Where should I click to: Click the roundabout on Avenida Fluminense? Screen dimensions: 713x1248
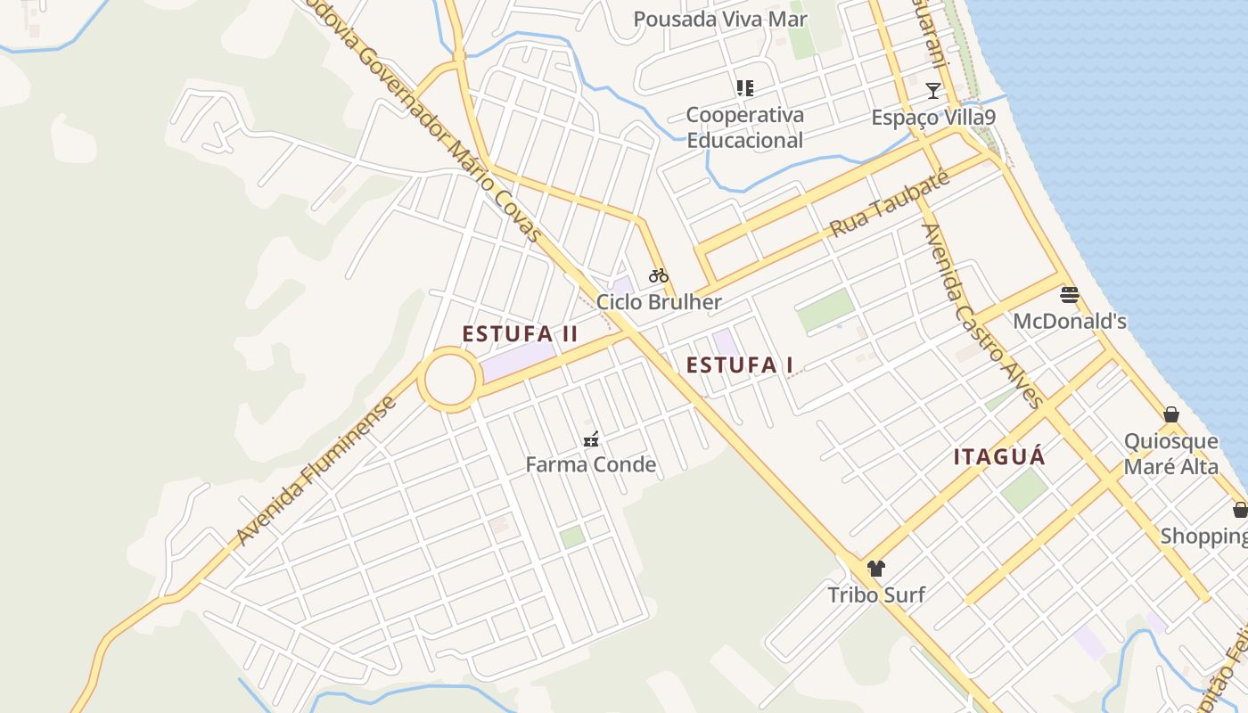point(450,381)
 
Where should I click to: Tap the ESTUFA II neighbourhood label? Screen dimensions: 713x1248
point(520,334)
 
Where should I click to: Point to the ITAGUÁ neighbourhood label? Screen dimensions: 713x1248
point(999,457)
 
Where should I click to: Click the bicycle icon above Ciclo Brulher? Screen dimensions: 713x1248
point(659,275)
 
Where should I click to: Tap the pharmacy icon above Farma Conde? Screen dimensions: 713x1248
point(590,438)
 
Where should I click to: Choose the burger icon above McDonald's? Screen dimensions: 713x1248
point(1070,295)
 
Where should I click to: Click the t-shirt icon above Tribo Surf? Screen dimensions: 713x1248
point(876,569)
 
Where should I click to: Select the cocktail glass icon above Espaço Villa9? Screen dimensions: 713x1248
point(933,90)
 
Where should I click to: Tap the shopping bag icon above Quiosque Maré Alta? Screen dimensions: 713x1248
point(1171,414)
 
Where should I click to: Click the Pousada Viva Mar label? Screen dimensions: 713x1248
point(720,19)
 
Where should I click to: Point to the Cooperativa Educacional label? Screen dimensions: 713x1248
point(744,127)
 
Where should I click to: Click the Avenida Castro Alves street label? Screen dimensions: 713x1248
point(982,315)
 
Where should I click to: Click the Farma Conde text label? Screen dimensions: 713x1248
point(590,464)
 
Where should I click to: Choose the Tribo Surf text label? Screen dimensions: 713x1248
point(876,594)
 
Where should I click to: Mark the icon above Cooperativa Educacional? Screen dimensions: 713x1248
point(745,88)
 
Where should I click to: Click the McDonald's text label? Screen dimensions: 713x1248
point(1070,321)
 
